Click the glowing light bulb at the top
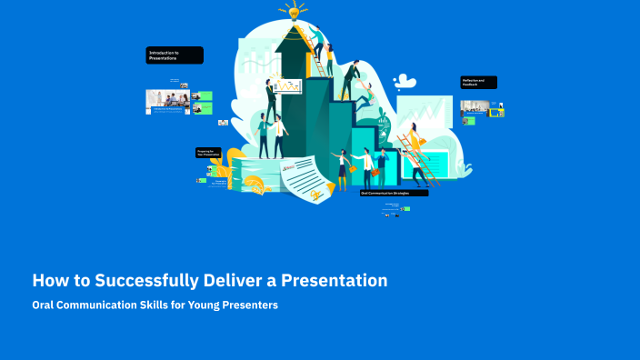(x=293, y=10)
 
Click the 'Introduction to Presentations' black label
(x=175, y=55)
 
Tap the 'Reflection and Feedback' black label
(x=478, y=82)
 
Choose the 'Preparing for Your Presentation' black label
(x=208, y=153)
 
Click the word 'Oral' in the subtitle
(x=45, y=305)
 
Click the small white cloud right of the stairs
(x=405, y=83)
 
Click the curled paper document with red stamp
(x=304, y=176)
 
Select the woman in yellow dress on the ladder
(x=414, y=142)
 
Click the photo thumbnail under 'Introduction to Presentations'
(x=169, y=100)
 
